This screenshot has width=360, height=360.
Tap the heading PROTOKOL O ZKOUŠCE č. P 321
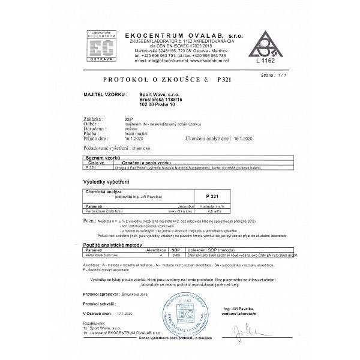(167, 79)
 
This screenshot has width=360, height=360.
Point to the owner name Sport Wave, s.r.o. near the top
(157, 94)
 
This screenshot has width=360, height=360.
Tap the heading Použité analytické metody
(112, 245)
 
